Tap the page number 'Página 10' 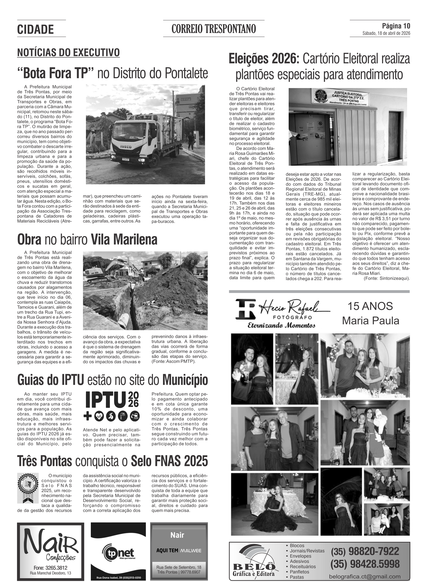pos(396,26)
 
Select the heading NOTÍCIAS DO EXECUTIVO pos(69,53)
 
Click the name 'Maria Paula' pos(370,321)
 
